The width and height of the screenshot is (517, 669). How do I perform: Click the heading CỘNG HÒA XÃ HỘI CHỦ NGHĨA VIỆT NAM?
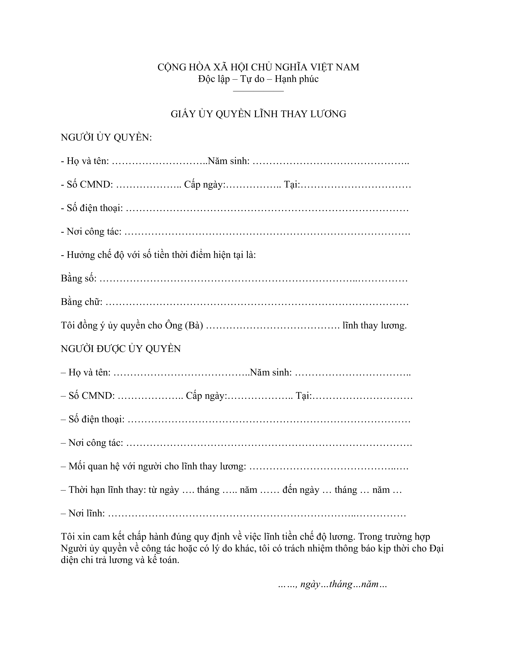point(258,67)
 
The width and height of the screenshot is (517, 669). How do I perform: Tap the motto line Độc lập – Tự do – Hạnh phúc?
point(258,79)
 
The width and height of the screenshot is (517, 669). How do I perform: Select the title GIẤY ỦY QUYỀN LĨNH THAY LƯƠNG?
point(258,114)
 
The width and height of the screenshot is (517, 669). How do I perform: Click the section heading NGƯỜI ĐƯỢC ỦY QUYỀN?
point(121,349)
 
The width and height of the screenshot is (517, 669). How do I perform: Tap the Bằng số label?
point(79,278)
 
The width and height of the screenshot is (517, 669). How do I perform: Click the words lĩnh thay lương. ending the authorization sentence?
point(374,325)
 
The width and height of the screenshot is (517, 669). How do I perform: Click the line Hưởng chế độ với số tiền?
point(158,255)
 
